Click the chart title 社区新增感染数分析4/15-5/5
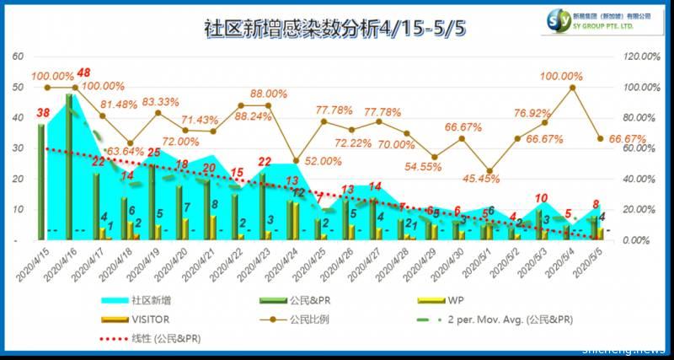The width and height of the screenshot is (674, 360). (335, 26)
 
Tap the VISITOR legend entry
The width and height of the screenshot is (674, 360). (152, 320)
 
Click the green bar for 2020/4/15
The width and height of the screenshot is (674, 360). (40, 182)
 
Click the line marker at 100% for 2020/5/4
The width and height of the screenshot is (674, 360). (572, 87)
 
